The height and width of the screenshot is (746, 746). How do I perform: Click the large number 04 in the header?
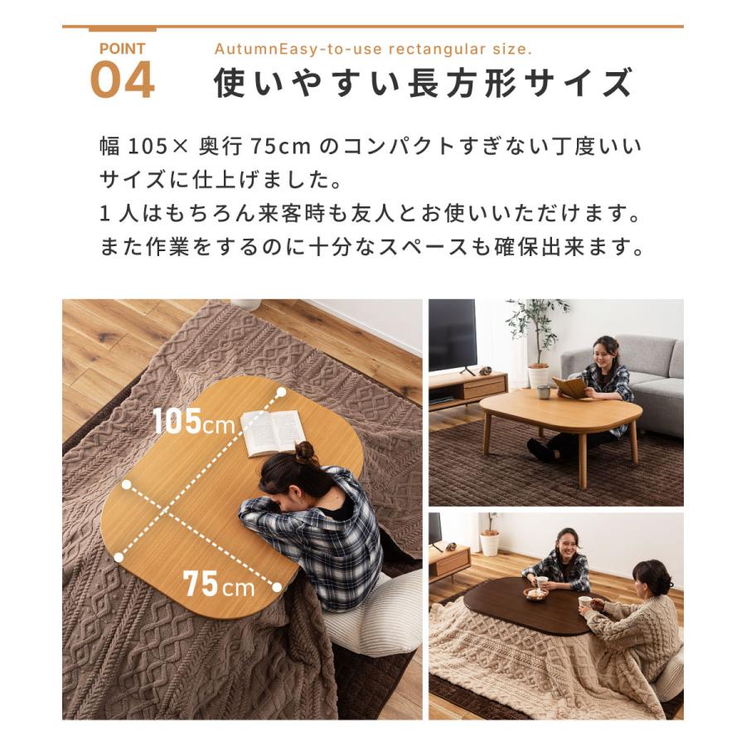pyautogui.click(x=123, y=80)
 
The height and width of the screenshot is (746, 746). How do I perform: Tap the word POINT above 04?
pyautogui.click(x=123, y=49)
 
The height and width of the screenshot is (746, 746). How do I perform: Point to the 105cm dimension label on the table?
pyautogui.click(x=193, y=421)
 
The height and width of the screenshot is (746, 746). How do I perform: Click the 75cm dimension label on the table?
pyautogui.click(x=219, y=584)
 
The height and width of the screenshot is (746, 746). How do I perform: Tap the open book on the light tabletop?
pyautogui.click(x=274, y=432)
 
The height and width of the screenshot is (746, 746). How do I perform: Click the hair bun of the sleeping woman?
pyautogui.click(x=305, y=453)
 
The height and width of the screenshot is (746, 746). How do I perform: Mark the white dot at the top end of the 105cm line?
pyautogui.click(x=281, y=393)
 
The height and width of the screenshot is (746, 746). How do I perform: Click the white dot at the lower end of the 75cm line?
pyautogui.click(x=277, y=587)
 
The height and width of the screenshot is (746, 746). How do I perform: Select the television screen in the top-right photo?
pyautogui.click(x=452, y=335)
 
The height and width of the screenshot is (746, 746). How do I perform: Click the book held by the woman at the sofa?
pyautogui.click(x=569, y=386)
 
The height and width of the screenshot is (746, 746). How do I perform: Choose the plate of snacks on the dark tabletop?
pyautogui.click(x=535, y=593)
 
